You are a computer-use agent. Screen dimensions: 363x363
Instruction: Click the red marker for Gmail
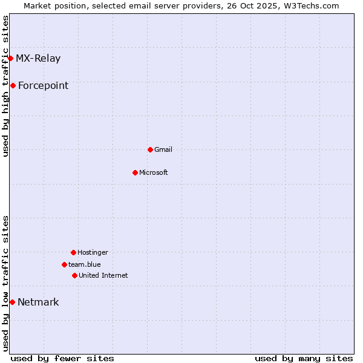pyautogui.click(x=150, y=149)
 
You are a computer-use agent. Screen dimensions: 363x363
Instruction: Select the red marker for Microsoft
pyautogui.click(x=135, y=172)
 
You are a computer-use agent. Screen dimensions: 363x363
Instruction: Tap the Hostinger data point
pyautogui.click(x=73, y=252)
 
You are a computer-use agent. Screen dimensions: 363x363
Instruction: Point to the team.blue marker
pyautogui.click(x=64, y=264)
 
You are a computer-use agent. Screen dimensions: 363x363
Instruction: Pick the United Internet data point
pyautogui.click(x=74, y=275)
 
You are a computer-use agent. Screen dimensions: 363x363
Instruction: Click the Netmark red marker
pyautogui.click(x=12, y=302)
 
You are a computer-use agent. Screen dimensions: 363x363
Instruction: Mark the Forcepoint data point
pyautogui.click(x=13, y=85)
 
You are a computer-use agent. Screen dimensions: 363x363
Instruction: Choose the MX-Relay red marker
pyautogui.click(x=10, y=58)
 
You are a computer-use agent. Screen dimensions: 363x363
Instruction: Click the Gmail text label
pyautogui.click(x=163, y=149)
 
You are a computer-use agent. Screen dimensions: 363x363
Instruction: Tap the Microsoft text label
pyautogui.click(x=154, y=172)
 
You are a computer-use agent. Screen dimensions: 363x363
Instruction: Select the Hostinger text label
pyautogui.click(x=93, y=252)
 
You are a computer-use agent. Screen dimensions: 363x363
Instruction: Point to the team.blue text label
pyautogui.click(x=85, y=264)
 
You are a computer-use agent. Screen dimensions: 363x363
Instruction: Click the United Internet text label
pyautogui.click(x=103, y=275)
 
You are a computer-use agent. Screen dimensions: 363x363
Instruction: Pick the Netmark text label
pyautogui.click(x=38, y=302)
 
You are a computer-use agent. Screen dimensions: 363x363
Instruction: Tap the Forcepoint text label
pyautogui.click(x=43, y=85)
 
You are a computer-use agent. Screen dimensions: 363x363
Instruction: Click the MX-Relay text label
pyautogui.click(x=38, y=58)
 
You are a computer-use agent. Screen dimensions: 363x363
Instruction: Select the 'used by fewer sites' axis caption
pyautogui.click(x=62, y=358)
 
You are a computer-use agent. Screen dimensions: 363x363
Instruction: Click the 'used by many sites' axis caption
pyautogui.click(x=304, y=358)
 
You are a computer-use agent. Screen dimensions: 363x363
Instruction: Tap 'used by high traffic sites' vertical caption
pyautogui.click(x=5, y=86)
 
